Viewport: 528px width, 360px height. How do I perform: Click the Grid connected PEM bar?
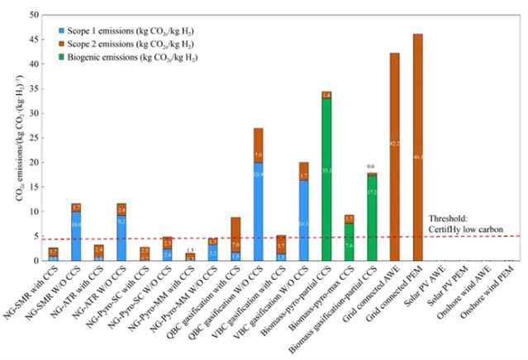point(417,149)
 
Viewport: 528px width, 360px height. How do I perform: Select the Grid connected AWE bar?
point(395,157)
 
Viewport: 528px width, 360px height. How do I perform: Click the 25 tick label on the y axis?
point(32,138)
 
